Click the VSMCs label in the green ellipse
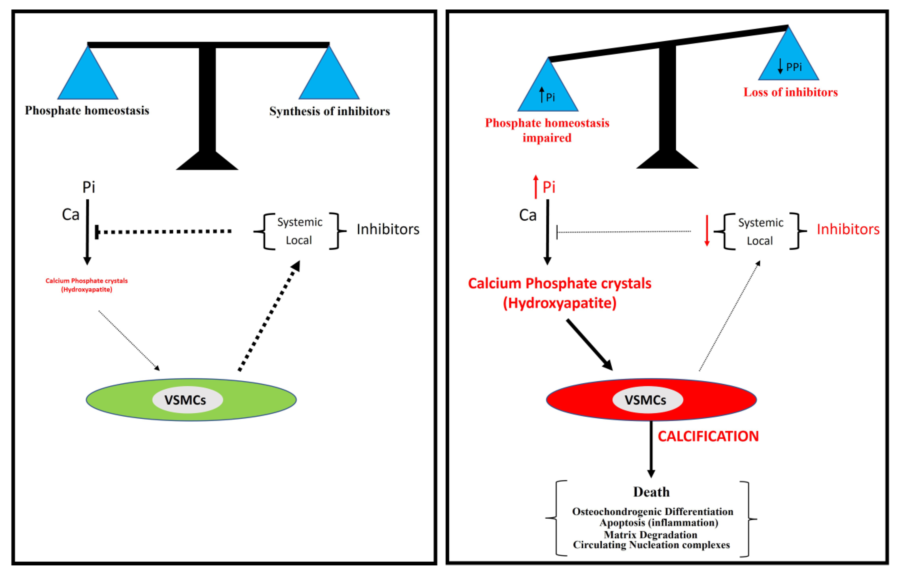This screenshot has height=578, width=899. [185, 400]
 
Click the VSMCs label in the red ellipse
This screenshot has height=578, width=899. [645, 400]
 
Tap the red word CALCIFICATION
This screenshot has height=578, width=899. [708, 436]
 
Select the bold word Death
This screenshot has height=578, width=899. [651, 492]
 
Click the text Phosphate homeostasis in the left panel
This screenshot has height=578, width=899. [87, 111]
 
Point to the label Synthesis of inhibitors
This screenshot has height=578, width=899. [329, 111]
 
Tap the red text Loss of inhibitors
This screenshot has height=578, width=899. [790, 92]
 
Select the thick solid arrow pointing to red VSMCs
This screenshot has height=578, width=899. [589, 344]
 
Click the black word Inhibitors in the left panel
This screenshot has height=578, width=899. [388, 229]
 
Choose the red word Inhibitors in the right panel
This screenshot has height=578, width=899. [848, 229]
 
